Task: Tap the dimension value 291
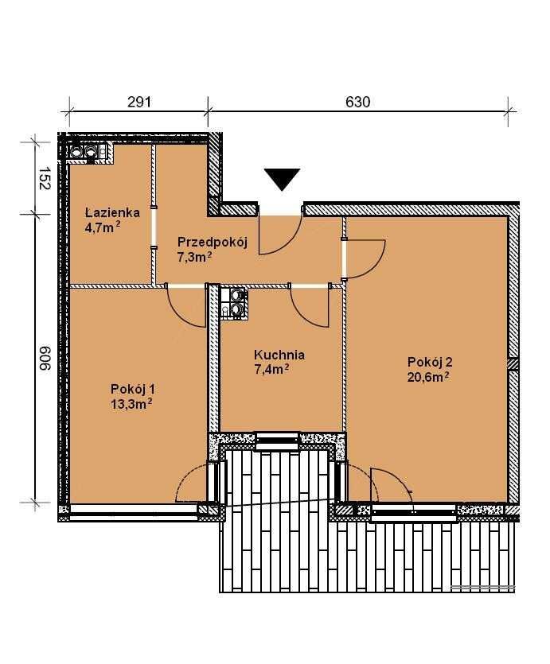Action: coord(139,102)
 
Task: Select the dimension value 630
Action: coord(358,102)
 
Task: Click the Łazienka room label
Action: coord(112,212)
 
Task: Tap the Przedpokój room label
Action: coord(213,243)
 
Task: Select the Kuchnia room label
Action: coord(279,355)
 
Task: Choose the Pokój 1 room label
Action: coord(133,389)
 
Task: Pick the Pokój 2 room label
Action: coord(430,362)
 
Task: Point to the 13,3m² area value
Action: coord(131,403)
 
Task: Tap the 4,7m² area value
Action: coord(103,227)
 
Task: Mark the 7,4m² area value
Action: coord(271,369)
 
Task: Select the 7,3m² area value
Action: coord(195,257)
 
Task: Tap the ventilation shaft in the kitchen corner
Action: coord(233,302)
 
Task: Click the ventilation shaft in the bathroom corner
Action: coord(88,152)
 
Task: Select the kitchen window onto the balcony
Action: coord(278,441)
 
